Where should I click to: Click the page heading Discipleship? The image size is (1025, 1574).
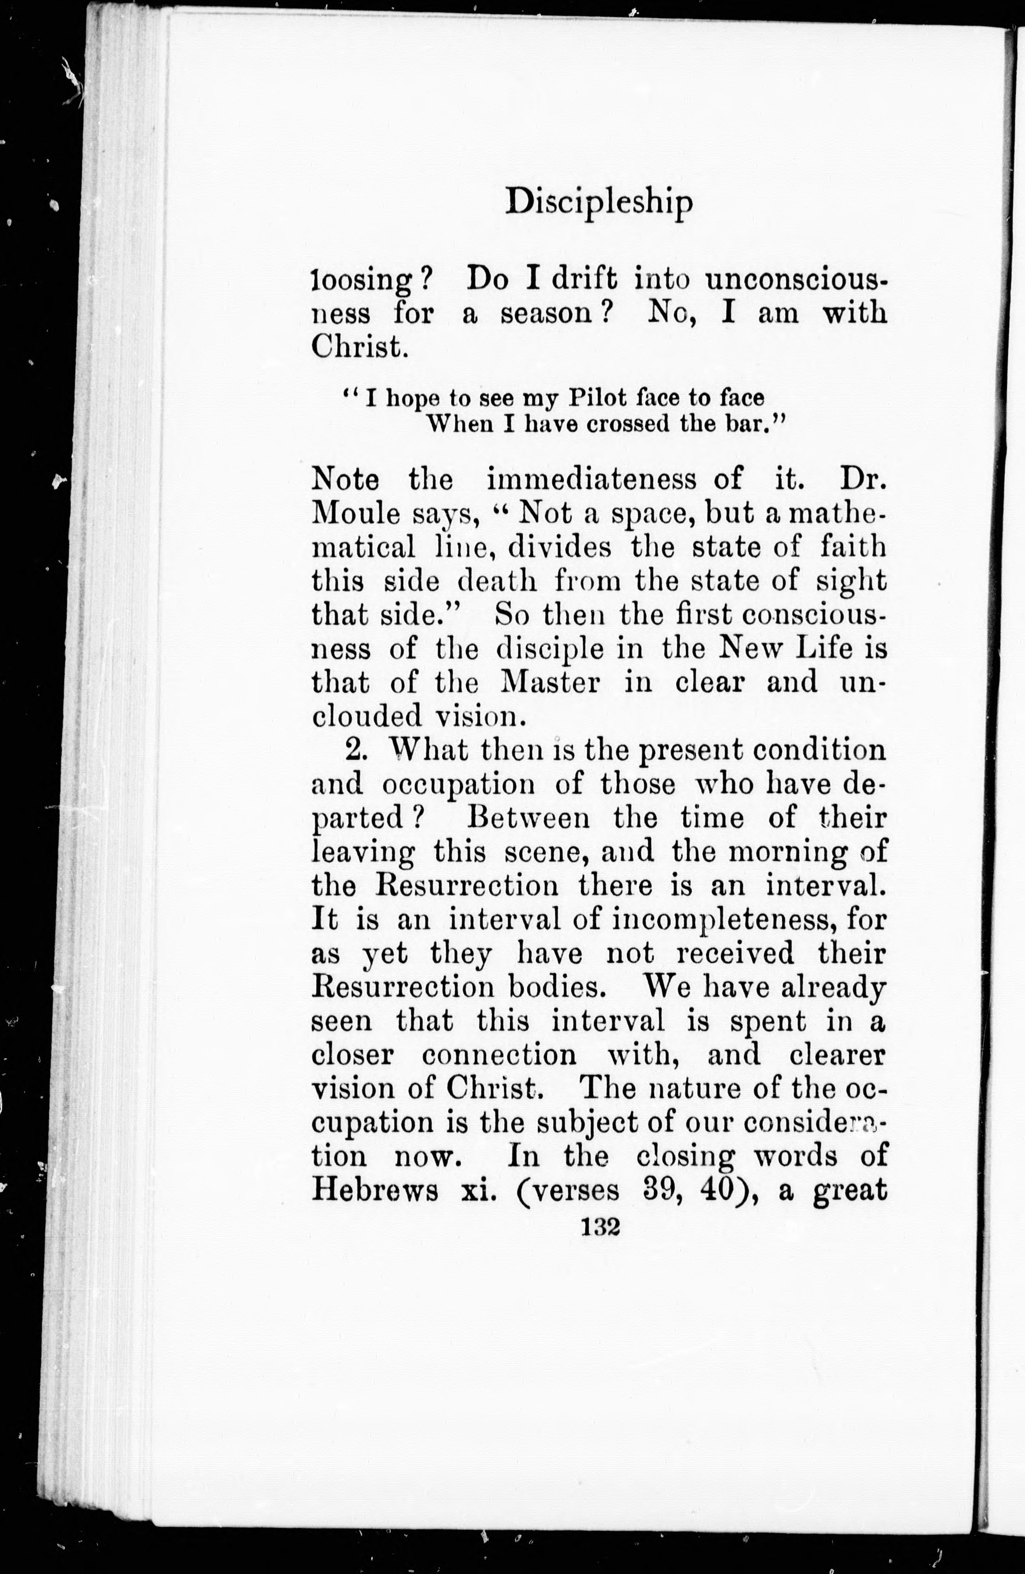tap(599, 203)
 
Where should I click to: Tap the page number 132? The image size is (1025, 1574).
tap(599, 1227)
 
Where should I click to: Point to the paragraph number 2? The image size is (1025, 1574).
tap(353, 750)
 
